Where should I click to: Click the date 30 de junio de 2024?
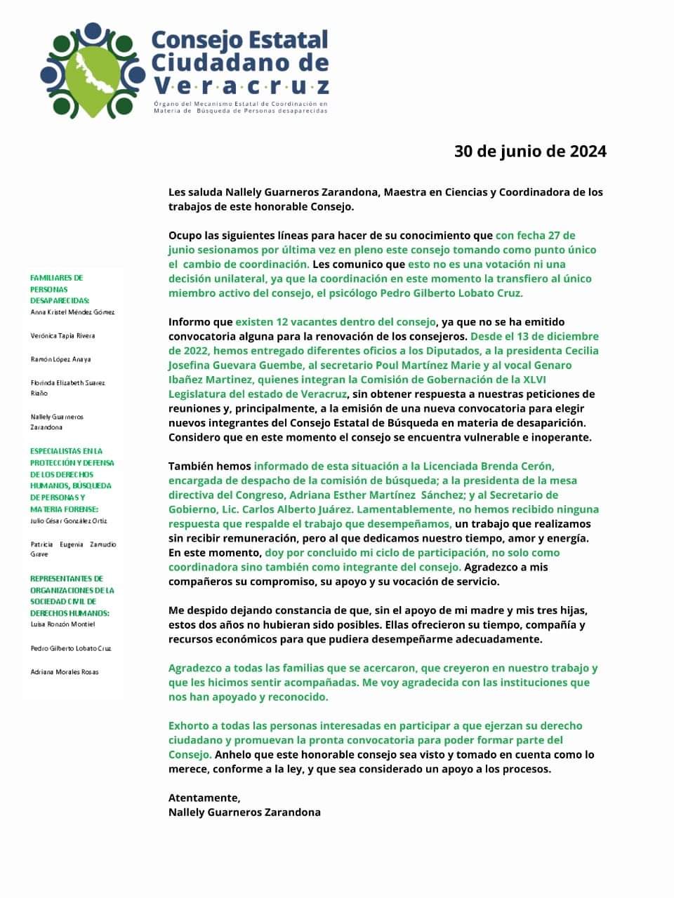click(x=530, y=152)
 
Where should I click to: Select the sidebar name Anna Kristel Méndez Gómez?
click(x=72, y=312)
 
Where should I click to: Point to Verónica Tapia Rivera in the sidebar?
click(x=62, y=336)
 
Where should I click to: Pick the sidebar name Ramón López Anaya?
click(x=60, y=359)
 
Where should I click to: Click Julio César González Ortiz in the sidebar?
click(x=68, y=521)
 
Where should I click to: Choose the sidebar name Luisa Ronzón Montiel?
click(x=62, y=624)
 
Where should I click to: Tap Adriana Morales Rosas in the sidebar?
click(x=65, y=672)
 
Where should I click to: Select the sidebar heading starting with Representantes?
click(x=72, y=596)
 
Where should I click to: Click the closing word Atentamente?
click(x=204, y=798)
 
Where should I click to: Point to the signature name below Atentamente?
click(x=244, y=812)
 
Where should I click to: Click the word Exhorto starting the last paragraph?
click(x=190, y=725)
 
